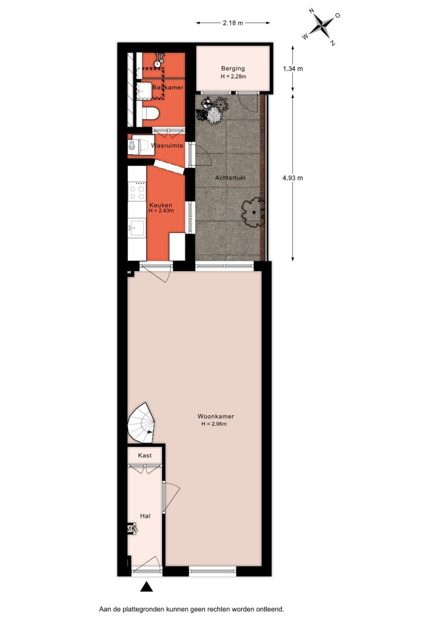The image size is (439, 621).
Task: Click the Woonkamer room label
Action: pyautogui.click(x=215, y=416)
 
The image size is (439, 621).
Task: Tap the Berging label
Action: pyautogui.click(x=233, y=69)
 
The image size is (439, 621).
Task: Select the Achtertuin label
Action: pyautogui.click(x=230, y=178)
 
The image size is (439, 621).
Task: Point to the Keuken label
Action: pyautogui.click(x=160, y=205)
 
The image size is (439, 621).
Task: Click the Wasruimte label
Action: pyautogui.click(x=167, y=146)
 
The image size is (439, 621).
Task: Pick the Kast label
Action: pyautogui.click(x=144, y=455)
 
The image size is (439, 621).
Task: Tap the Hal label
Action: pyautogui.click(x=145, y=516)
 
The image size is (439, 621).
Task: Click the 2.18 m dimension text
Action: pyautogui.click(x=233, y=23)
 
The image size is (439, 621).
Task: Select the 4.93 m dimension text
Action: pyautogui.click(x=292, y=178)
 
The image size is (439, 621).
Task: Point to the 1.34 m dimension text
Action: pyautogui.click(x=292, y=69)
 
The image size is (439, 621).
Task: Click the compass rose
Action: pyautogui.click(x=321, y=27)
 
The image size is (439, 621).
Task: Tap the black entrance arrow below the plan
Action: pyautogui.click(x=147, y=586)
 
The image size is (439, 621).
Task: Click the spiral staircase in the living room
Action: pyautogui.click(x=141, y=423)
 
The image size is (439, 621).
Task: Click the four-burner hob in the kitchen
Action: pyautogui.click(x=137, y=192)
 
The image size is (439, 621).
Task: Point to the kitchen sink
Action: pyautogui.click(x=137, y=229)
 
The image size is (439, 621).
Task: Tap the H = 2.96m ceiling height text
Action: pyautogui.click(x=214, y=424)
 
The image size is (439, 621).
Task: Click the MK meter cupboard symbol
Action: pyautogui.click(x=131, y=529)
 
